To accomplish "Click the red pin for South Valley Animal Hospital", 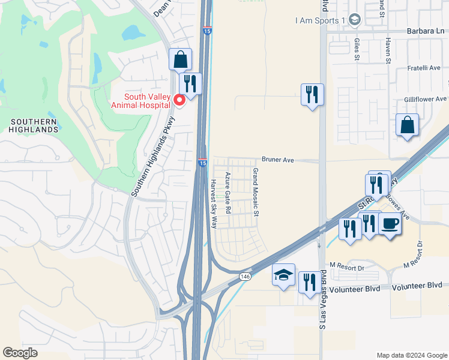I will pos(178,101).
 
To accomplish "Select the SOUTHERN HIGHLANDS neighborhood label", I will pos(34,125).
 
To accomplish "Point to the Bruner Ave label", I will pos(277,160).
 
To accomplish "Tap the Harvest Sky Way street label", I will pos(214,204).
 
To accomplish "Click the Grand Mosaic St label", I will pos(255,192).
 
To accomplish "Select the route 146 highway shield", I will pos(244,277).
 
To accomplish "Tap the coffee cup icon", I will pos(390,224).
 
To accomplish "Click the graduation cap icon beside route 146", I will pos(283,275).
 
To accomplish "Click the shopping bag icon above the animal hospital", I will pos(180,59).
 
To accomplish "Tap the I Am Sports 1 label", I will pos(321,20).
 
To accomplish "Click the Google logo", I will pos(20,353).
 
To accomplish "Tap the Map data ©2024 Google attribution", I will pos(411,355).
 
